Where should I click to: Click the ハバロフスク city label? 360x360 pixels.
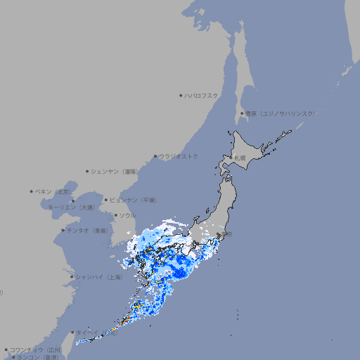[202, 95]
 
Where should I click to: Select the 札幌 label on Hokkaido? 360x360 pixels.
[240, 157]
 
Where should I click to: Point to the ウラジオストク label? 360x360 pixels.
[179, 156]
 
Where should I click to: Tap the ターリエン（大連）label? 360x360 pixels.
[71, 208]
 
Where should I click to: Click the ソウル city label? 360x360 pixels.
[127, 215]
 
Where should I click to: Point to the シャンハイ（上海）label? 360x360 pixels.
[98, 277]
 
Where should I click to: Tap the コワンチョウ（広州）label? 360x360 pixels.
[36, 349]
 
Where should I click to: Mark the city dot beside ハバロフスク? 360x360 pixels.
[181, 95]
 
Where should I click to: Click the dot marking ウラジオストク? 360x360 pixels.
[155, 156]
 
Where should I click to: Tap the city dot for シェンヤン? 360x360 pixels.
[87, 171]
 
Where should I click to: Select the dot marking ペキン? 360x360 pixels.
[32, 191]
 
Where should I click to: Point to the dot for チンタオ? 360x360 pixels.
[63, 231]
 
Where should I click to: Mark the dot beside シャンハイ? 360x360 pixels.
[72, 277]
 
